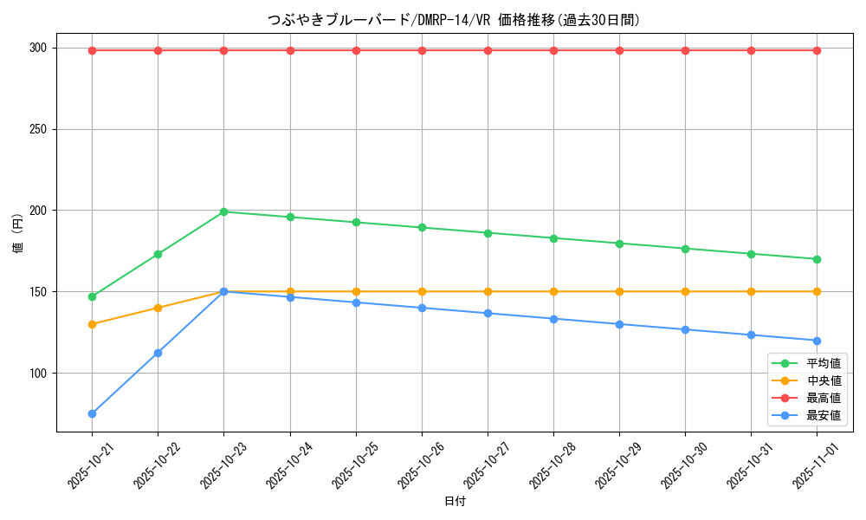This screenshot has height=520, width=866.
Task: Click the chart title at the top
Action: click(455, 20)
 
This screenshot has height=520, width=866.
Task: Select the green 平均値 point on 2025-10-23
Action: click(223, 211)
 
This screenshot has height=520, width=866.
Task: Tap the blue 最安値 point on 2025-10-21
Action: click(92, 413)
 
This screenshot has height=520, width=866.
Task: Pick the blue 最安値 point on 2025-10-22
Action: click(158, 353)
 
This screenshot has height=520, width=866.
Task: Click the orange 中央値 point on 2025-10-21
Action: click(92, 324)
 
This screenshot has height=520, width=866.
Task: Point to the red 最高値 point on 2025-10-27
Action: click(488, 50)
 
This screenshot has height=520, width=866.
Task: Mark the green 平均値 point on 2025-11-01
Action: click(817, 259)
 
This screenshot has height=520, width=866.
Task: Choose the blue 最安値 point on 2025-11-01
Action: click(817, 341)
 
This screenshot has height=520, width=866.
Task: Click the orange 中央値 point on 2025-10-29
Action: click(619, 291)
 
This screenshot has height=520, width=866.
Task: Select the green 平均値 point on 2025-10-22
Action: click(158, 254)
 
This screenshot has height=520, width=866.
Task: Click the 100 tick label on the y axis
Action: click(40, 374)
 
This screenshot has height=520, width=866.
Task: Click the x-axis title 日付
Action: click(455, 502)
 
